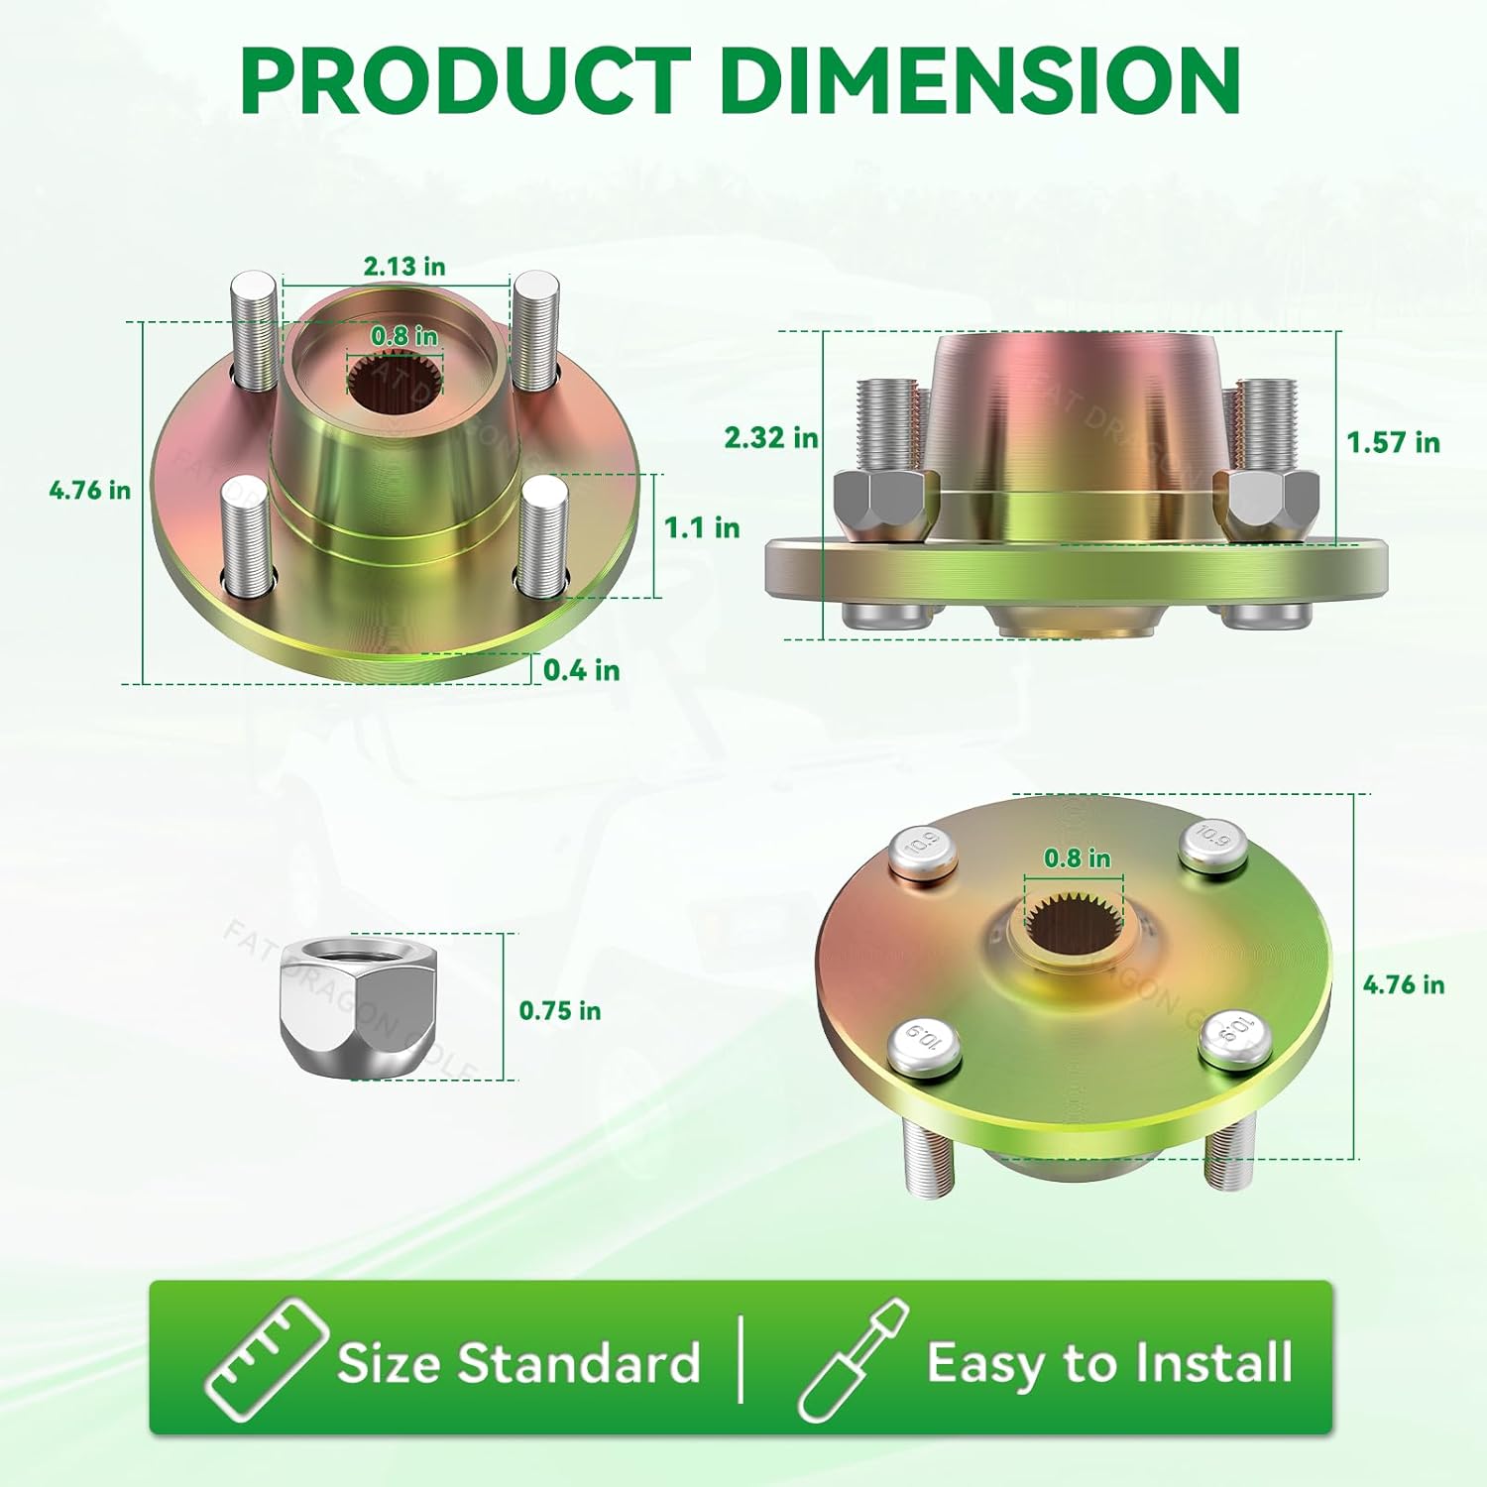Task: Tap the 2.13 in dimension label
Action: [404, 267]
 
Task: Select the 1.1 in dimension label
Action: [702, 527]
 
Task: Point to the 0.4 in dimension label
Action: [582, 670]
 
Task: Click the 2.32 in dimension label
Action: [771, 437]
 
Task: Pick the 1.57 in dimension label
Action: [1393, 442]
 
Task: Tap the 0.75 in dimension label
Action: [560, 1011]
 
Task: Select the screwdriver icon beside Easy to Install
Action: [853, 1360]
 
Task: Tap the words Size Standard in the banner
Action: [518, 1363]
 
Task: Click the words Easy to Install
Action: [1109, 1363]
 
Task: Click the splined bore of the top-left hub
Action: [396, 389]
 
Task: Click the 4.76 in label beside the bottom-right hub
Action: [1403, 984]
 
